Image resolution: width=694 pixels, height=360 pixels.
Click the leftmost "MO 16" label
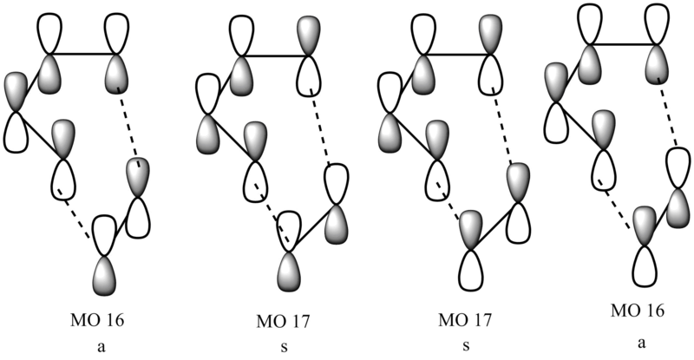pyautogui.click(x=97, y=320)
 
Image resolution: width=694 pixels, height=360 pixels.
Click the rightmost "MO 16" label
pyautogui.click(x=638, y=311)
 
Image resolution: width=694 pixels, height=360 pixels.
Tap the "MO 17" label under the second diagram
pyautogui.click(x=284, y=322)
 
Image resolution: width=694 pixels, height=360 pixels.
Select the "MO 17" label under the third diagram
pyautogui.click(x=465, y=320)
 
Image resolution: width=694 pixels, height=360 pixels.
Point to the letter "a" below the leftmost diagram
pyautogui.click(x=101, y=347)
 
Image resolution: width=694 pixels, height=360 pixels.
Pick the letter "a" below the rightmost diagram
pyautogui.click(x=642, y=343)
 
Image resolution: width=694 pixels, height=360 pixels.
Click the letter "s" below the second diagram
pyautogui.click(x=285, y=347)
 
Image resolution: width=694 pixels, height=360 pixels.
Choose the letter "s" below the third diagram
pyautogui.click(x=466, y=346)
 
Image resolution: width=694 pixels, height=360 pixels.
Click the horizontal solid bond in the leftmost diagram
pyautogui.click(x=83, y=55)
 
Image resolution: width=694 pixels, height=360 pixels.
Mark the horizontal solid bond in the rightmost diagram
pyautogui.click(x=623, y=44)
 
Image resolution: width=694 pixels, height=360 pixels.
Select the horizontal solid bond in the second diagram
pyautogui.click(x=275, y=56)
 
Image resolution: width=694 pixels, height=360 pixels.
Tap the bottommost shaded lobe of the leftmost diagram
pyautogui.click(x=104, y=277)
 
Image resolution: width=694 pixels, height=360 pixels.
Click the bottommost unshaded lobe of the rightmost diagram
pyautogui.click(x=645, y=266)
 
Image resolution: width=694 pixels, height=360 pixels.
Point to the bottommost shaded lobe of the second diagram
pyautogui.click(x=289, y=272)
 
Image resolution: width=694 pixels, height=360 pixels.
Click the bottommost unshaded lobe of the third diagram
pyautogui.click(x=471, y=271)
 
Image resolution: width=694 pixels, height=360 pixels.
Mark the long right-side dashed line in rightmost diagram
pyautogui.click(x=668, y=113)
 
